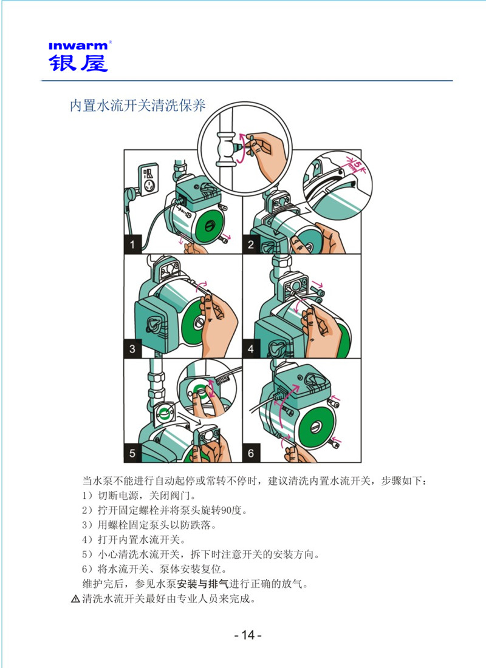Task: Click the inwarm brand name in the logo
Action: pos(78,45)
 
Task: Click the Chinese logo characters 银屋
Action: pos(78,62)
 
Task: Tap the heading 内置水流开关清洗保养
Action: pos(137,106)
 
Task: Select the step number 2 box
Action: pos(251,245)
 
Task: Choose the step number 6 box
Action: pos(251,452)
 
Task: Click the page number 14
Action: pos(247,635)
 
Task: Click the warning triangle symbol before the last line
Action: pos(75,599)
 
